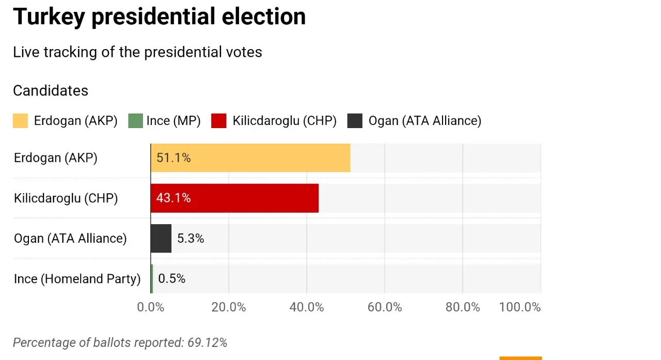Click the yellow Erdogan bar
coord(250,158)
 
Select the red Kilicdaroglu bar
coord(234,198)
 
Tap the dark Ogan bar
coord(161,239)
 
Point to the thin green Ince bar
coord(152,279)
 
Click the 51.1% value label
coord(174,158)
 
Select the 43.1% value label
coord(174,198)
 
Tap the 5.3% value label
coord(191,239)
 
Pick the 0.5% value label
coord(172,278)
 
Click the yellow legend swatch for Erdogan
coord(20,121)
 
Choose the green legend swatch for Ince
coord(135,121)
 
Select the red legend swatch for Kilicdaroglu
coord(219,121)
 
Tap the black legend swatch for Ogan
coord(355,121)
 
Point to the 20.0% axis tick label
coord(229,307)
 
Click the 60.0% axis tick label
coord(385,307)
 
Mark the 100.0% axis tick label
coord(520,307)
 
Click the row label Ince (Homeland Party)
coord(77,279)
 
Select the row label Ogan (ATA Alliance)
coord(70,239)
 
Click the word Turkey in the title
coord(49,17)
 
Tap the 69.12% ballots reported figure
coord(208,342)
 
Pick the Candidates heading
coord(51,90)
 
